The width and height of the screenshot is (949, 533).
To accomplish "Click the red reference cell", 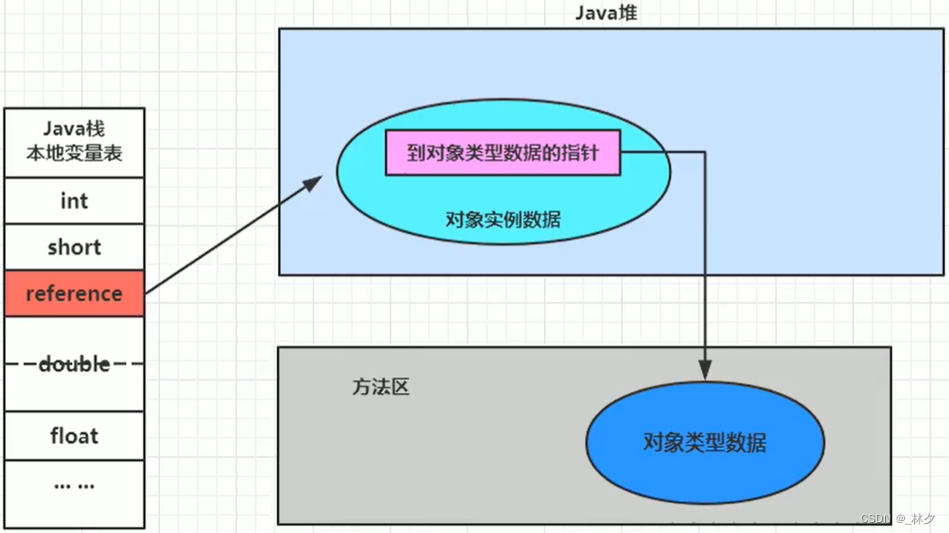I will pos(73,293).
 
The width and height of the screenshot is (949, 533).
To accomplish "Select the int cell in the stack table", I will pos(73,201).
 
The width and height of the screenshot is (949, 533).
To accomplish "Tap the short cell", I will pos(73,248).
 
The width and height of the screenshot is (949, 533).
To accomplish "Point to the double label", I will pos(73,364).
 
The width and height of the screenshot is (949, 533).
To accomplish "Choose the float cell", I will pos(73,436).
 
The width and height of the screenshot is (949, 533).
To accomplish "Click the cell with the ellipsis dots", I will pos(73,485).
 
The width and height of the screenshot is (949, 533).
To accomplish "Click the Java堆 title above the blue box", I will pos(606,13).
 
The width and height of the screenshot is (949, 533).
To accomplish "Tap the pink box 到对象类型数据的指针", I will pos(502,153).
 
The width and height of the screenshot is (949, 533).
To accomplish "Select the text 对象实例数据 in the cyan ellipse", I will pos(503,219).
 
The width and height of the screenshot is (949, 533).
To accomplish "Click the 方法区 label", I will pos(380,387).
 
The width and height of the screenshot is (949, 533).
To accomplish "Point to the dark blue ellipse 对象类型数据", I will pos(704,443).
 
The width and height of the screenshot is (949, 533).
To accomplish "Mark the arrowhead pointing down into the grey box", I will pos(705,371).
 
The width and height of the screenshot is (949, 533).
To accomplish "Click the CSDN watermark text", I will pos(876,518).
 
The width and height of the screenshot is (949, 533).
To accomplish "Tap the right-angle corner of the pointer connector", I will pos(705,153).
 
